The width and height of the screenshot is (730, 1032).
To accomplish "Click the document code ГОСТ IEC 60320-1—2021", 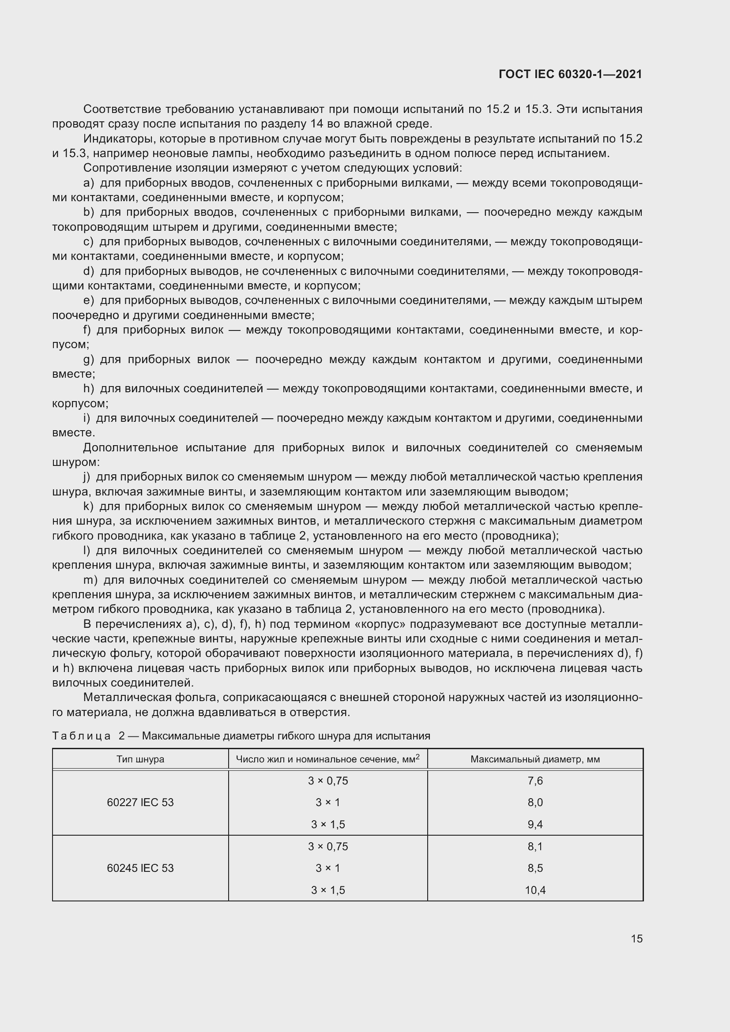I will tap(570, 74).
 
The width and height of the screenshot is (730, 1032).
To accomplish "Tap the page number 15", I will tap(636, 938).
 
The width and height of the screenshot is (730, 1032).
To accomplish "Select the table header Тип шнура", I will tap(140, 759).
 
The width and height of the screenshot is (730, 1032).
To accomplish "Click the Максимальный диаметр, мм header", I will tap(535, 759).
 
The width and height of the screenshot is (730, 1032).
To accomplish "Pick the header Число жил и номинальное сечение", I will tap(327, 759).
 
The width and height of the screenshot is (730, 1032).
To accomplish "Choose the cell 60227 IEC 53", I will tap(140, 802).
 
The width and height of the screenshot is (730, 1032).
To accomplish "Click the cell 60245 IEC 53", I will tap(140, 868).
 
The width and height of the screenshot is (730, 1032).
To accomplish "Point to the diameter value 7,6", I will tap(535, 781).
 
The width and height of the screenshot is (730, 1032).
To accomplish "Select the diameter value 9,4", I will tap(535, 824).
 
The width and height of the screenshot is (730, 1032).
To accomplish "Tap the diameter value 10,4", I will tap(535, 890).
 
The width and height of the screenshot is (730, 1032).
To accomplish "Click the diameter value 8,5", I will tap(535, 868).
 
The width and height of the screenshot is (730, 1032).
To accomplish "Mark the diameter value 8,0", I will tap(535, 802).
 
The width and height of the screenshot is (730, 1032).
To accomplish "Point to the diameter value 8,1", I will tap(535, 846).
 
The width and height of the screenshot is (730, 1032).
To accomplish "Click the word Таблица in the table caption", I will tap(81, 736).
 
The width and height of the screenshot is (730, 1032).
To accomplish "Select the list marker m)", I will tap(90, 580).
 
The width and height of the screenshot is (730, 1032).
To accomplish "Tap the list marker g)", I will tap(89, 360).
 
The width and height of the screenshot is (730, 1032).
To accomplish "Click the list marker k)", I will tap(89, 507).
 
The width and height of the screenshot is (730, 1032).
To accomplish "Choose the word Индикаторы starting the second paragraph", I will tap(119, 139).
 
